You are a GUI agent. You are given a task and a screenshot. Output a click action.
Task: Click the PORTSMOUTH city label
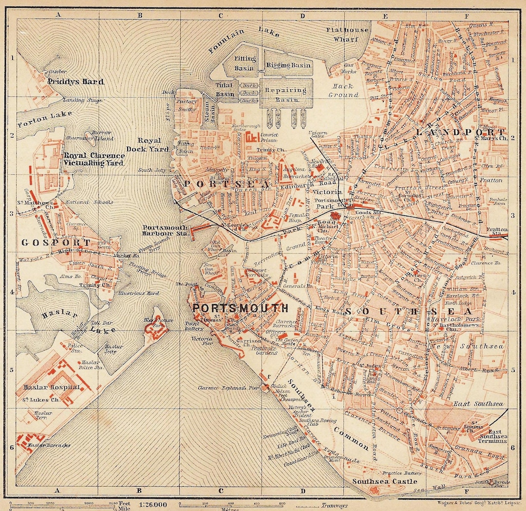[x=240, y=308]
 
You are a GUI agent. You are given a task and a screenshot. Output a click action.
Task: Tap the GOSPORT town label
[x=56, y=242]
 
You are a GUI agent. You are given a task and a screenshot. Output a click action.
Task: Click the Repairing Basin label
[x=286, y=94]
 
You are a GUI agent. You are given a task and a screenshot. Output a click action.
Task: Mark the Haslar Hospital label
[x=51, y=387]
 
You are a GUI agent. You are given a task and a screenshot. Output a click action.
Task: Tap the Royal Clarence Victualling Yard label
[x=94, y=159]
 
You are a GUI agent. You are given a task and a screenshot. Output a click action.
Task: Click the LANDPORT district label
[x=460, y=132]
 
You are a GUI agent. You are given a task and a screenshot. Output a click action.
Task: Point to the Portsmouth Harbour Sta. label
[x=166, y=231]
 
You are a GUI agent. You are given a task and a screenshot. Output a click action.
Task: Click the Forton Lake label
[x=44, y=118]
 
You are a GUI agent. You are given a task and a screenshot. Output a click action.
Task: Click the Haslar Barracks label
[x=50, y=445]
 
